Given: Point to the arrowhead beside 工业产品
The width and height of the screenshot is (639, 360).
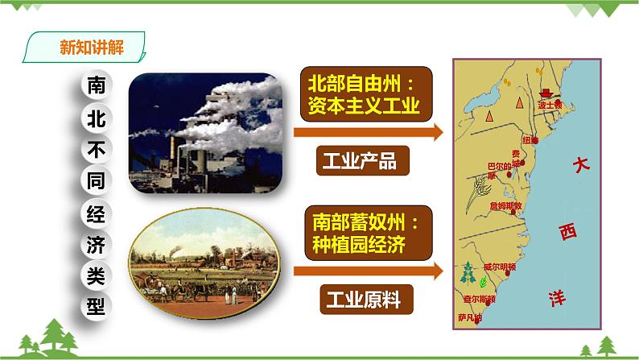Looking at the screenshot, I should click(x=435, y=131).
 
